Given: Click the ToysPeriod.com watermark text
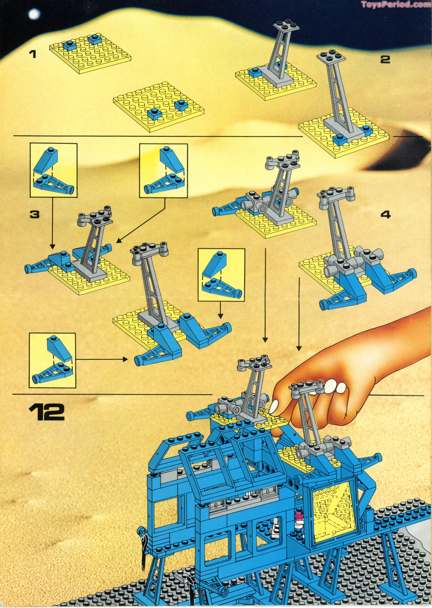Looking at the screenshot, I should pyautogui.click(x=396, y=4).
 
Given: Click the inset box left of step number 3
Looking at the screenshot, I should pyautogui.click(x=53, y=170).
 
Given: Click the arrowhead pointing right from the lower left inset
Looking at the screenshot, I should pyautogui.click(x=126, y=360).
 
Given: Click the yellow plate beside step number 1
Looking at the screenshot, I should pyautogui.click(x=90, y=55).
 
